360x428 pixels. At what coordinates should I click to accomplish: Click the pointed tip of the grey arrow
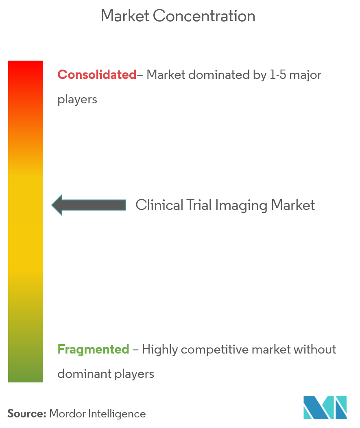tap(52, 205)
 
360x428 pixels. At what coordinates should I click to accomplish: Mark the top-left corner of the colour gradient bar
tap(8, 61)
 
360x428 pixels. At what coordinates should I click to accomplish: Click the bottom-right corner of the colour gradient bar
tap(43, 382)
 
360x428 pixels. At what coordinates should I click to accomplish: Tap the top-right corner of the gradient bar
tap(43, 61)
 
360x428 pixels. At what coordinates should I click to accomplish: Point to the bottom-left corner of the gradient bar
tap(8, 382)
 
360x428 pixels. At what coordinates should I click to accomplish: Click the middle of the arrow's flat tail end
tap(126, 205)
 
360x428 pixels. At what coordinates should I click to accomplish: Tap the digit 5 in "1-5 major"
tap(282, 75)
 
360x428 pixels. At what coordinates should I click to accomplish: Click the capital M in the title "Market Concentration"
tap(107, 16)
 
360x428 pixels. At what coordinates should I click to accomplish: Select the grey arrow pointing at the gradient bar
tap(89, 205)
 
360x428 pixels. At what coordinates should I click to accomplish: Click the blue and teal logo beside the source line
tap(325, 408)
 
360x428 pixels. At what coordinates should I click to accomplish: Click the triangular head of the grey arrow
tap(57, 205)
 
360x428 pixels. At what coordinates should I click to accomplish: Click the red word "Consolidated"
tap(97, 74)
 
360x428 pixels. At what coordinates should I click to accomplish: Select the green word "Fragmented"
tap(93, 349)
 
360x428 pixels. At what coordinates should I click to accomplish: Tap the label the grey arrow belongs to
tap(225, 205)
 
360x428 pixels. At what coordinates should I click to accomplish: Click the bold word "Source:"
tap(27, 414)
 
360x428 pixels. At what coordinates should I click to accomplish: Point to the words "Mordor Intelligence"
tap(98, 414)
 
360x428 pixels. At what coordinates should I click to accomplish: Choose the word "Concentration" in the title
tap(204, 16)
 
